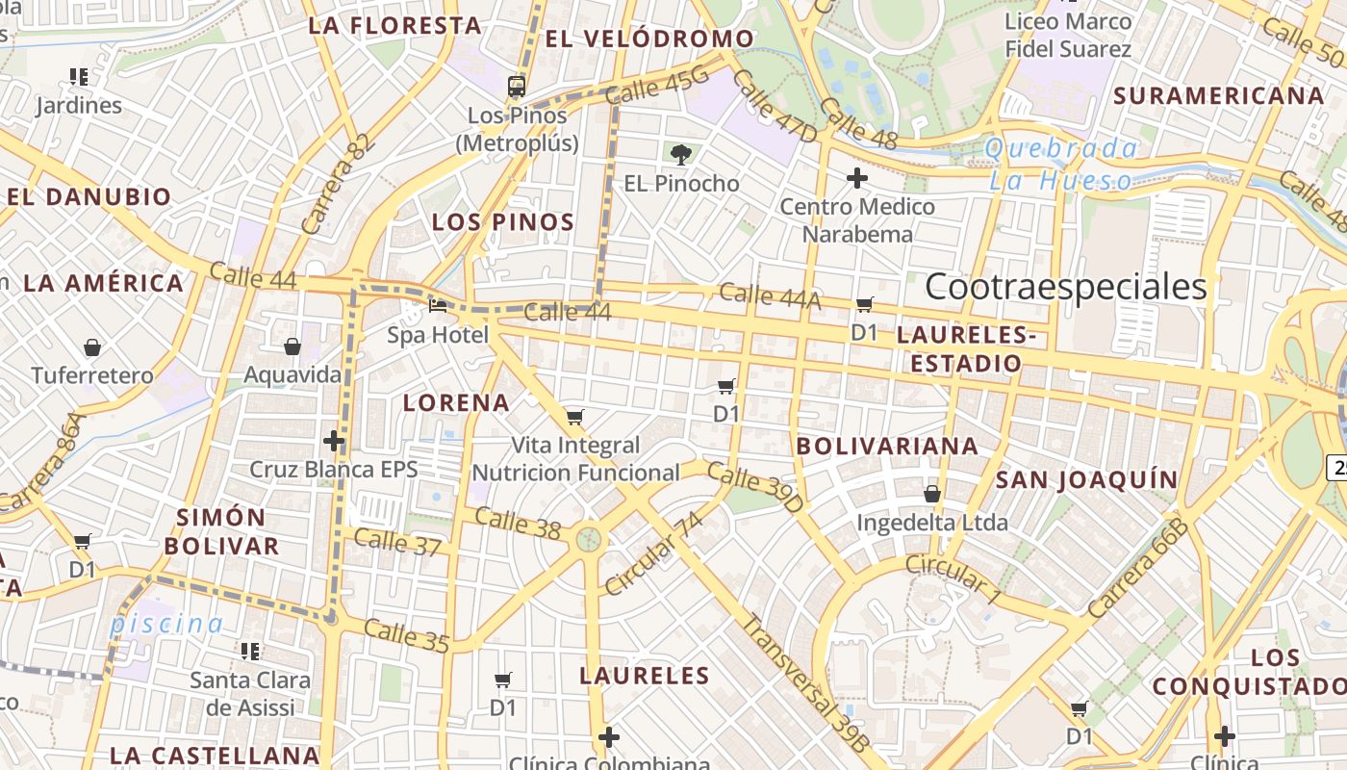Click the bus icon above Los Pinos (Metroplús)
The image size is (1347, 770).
(517, 86)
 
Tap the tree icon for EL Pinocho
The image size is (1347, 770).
(681, 154)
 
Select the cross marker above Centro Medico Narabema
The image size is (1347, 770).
(856, 177)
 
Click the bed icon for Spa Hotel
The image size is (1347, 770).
(438, 306)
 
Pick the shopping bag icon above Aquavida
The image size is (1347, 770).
(292, 346)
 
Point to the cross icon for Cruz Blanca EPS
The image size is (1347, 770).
(334, 441)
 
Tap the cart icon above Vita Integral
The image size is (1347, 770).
(574, 417)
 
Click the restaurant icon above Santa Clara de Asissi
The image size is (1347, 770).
(250, 652)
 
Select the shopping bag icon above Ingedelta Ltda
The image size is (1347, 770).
(931, 494)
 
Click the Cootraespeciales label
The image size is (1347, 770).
(1065, 287)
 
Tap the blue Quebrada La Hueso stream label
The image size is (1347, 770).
(1061, 165)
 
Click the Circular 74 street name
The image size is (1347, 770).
(654, 553)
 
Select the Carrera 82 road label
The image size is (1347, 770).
(336, 184)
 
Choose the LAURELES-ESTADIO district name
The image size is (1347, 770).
(966, 348)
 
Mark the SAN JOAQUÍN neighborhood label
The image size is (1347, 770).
(1086, 479)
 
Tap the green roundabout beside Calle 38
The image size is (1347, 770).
(589, 539)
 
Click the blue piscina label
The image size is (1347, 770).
(166, 623)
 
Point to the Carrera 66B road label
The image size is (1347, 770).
(1138, 568)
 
